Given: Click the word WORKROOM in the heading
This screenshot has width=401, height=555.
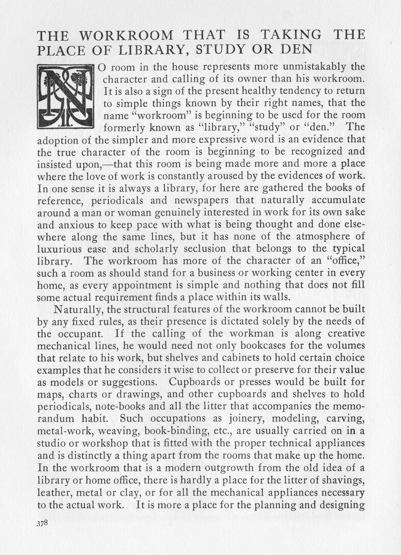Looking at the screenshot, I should [125, 35].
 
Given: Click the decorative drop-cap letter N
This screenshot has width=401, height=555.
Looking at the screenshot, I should [65, 97].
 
